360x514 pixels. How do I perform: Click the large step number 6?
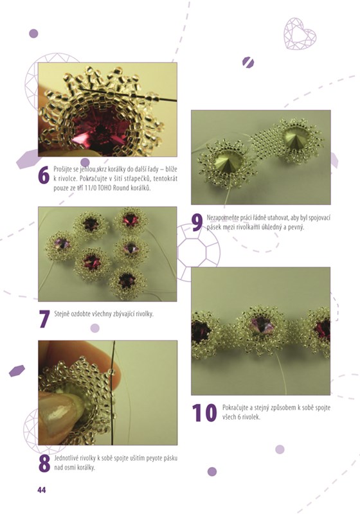(x=44, y=176)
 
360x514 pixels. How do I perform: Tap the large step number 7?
(x=44, y=319)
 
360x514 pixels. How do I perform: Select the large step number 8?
(x=44, y=463)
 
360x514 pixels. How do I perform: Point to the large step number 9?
(x=197, y=222)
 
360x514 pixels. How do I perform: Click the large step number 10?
(x=204, y=412)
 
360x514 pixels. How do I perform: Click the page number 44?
(x=42, y=490)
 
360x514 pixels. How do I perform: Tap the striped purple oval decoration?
(x=248, y=62)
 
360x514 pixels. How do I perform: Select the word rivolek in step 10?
(x=251, y=417)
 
